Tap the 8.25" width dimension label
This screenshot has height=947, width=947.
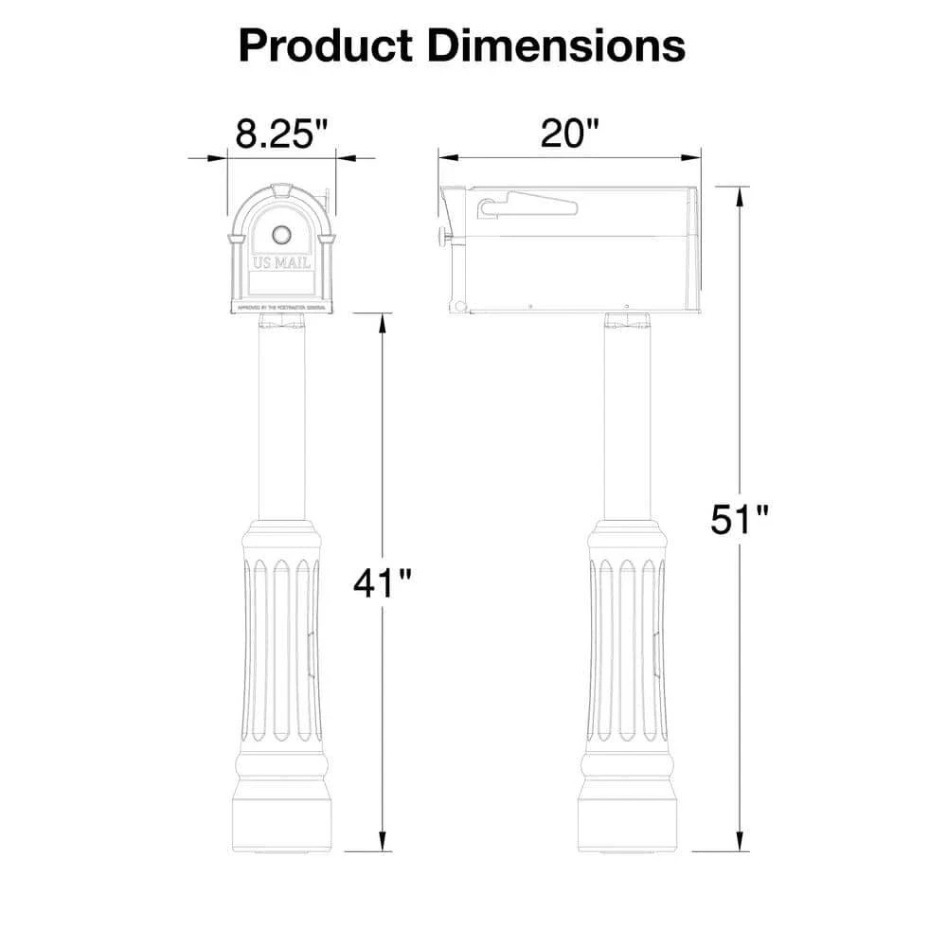coord(281,134)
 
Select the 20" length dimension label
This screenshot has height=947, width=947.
coord(570,134)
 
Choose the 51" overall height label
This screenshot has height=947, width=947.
coord(741,520)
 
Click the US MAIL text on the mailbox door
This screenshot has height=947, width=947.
coord(281,262)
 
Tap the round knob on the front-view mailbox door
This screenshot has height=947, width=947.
coord(281,234)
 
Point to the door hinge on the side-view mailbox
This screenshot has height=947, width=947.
coord(457,305)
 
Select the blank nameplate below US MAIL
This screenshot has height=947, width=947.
coord(281,283)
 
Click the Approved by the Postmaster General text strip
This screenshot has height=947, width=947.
coord(281,308)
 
